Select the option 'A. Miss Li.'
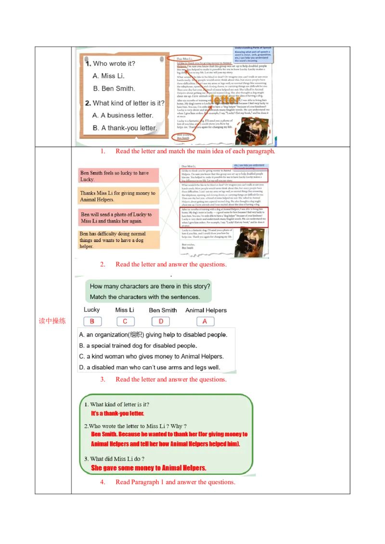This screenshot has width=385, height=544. coord(109,76)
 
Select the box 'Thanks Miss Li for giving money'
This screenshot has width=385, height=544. coord(118,196)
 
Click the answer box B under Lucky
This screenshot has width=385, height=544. coord(92,321)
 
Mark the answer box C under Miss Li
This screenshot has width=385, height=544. coord(125,321)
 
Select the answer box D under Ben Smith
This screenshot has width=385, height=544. coord(161,321)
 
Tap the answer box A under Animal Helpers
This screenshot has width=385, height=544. coord(205,321)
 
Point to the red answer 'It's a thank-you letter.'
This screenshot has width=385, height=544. coord(117,413)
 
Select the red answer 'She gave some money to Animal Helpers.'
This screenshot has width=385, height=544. coord(148,468)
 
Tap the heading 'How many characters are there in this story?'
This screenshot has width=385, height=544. coord(150,286)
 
